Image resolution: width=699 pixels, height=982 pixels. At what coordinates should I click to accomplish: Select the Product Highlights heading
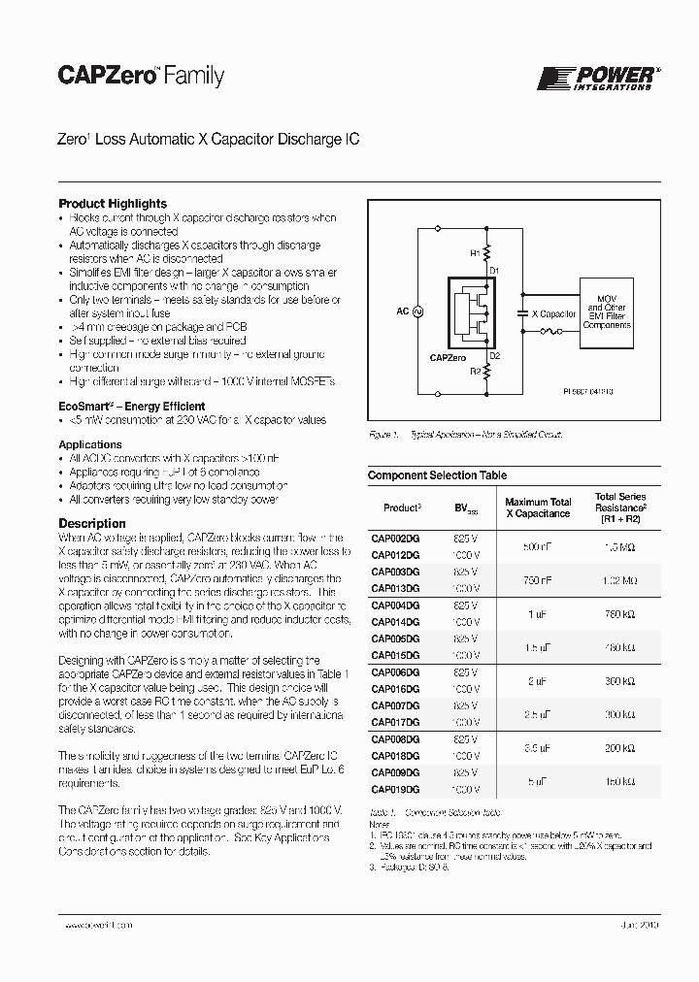tap(113, 204)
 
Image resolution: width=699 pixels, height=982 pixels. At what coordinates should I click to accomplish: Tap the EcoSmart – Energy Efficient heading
tap(132, 406)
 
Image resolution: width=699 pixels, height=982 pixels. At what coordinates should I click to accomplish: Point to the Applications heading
tap(90, 444)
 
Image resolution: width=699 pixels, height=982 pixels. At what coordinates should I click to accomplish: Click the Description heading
tap(92, 523)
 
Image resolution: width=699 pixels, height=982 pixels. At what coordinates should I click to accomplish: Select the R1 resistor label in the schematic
tap(476, 253)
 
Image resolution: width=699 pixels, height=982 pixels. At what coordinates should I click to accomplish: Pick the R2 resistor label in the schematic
tap(476, 371)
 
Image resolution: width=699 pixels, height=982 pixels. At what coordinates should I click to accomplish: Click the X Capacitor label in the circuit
tap(552, 314)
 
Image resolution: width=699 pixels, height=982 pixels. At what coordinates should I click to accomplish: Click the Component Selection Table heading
tap(437, 475)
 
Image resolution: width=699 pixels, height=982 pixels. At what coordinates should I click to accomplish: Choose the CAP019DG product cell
tap(395, 789)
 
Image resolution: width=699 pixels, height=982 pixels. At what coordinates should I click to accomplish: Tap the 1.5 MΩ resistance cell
tap(619, 547)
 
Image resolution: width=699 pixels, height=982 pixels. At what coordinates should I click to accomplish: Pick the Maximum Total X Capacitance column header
tap(537, 507)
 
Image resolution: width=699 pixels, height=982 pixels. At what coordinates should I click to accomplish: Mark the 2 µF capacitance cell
tap(537, 680)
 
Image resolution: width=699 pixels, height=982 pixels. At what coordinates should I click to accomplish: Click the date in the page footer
tap(639, 926)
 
